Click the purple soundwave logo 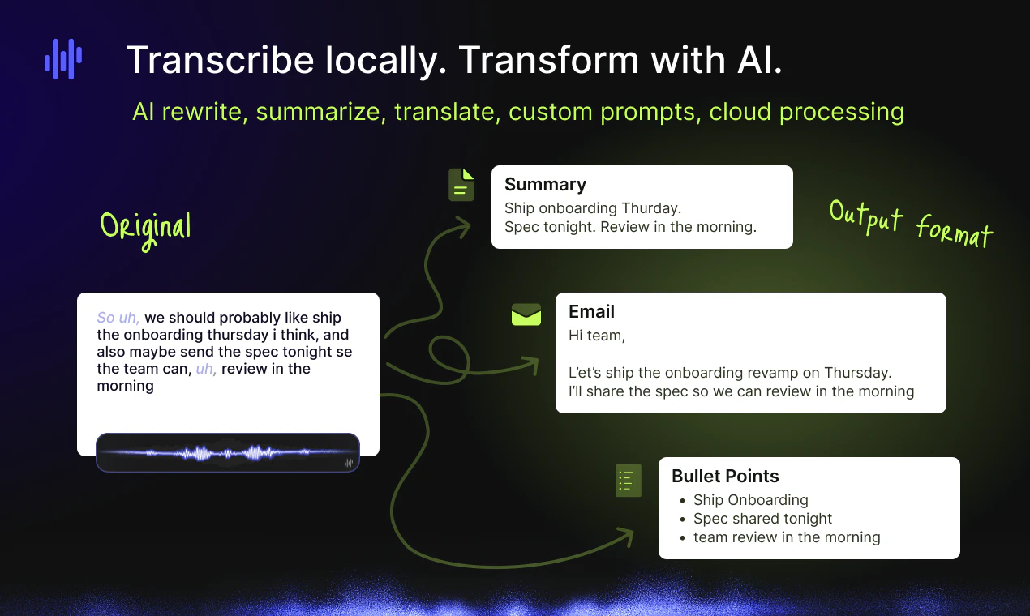(62, 59)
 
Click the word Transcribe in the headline (220, 61)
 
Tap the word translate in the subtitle (447, 112)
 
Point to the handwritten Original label (146, 226)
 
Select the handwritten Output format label (910, 223)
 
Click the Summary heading (545, 184)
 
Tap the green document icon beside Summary (461, 185)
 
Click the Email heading (591, 311)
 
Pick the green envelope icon (526, 314)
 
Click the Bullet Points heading (725, 476)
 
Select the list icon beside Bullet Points (628, 481)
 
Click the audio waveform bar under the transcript (227, 452)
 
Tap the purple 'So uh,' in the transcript (118, 318)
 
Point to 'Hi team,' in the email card (597, 335)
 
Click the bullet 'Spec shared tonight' (762, 519)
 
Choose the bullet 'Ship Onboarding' (750, 500)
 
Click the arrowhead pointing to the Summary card (463, 227)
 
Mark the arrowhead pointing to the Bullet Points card (624, 537)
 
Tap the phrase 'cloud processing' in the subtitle (806, 112)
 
